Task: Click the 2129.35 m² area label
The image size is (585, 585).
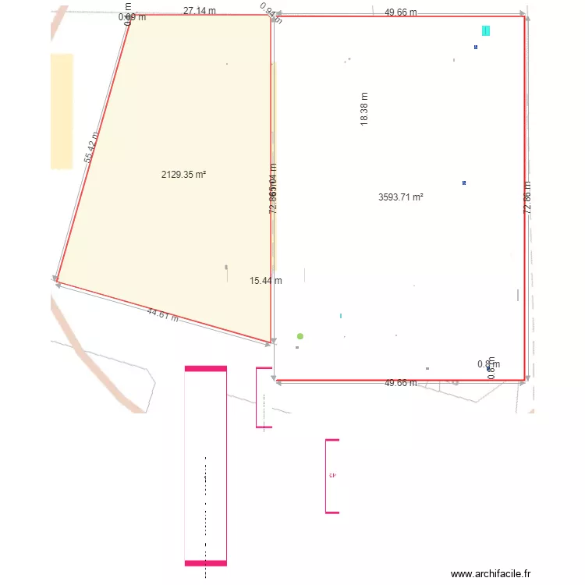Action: pos(183,175)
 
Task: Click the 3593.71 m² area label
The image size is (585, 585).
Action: pos(400,197)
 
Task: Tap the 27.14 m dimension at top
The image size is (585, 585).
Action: pos(200,11)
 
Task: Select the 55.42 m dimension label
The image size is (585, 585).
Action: pos(92,147)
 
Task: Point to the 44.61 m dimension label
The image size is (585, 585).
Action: pos(162,315)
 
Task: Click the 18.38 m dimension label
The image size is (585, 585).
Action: pos(364,109)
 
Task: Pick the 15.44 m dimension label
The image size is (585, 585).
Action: pos(266,281)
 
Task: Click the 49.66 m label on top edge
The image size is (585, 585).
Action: pos(401,12)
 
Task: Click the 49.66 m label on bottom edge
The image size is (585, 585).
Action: pos(401,383)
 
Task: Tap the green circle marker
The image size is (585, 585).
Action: pos(300,336)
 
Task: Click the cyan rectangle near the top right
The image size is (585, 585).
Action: pos(486,30)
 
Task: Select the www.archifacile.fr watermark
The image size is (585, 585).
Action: pos(491,573)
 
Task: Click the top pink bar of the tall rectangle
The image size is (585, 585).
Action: pos(206,368)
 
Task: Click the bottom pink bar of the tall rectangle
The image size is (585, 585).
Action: pos(206,562)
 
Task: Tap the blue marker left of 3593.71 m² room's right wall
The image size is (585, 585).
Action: pos(464,183)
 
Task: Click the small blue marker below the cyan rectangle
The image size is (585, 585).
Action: pos(476,47)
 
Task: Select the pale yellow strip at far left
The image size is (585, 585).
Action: pos(62,111)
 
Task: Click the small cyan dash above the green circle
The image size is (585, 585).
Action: pos(340,316)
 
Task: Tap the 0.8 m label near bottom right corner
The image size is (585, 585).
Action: pos(488,363)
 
